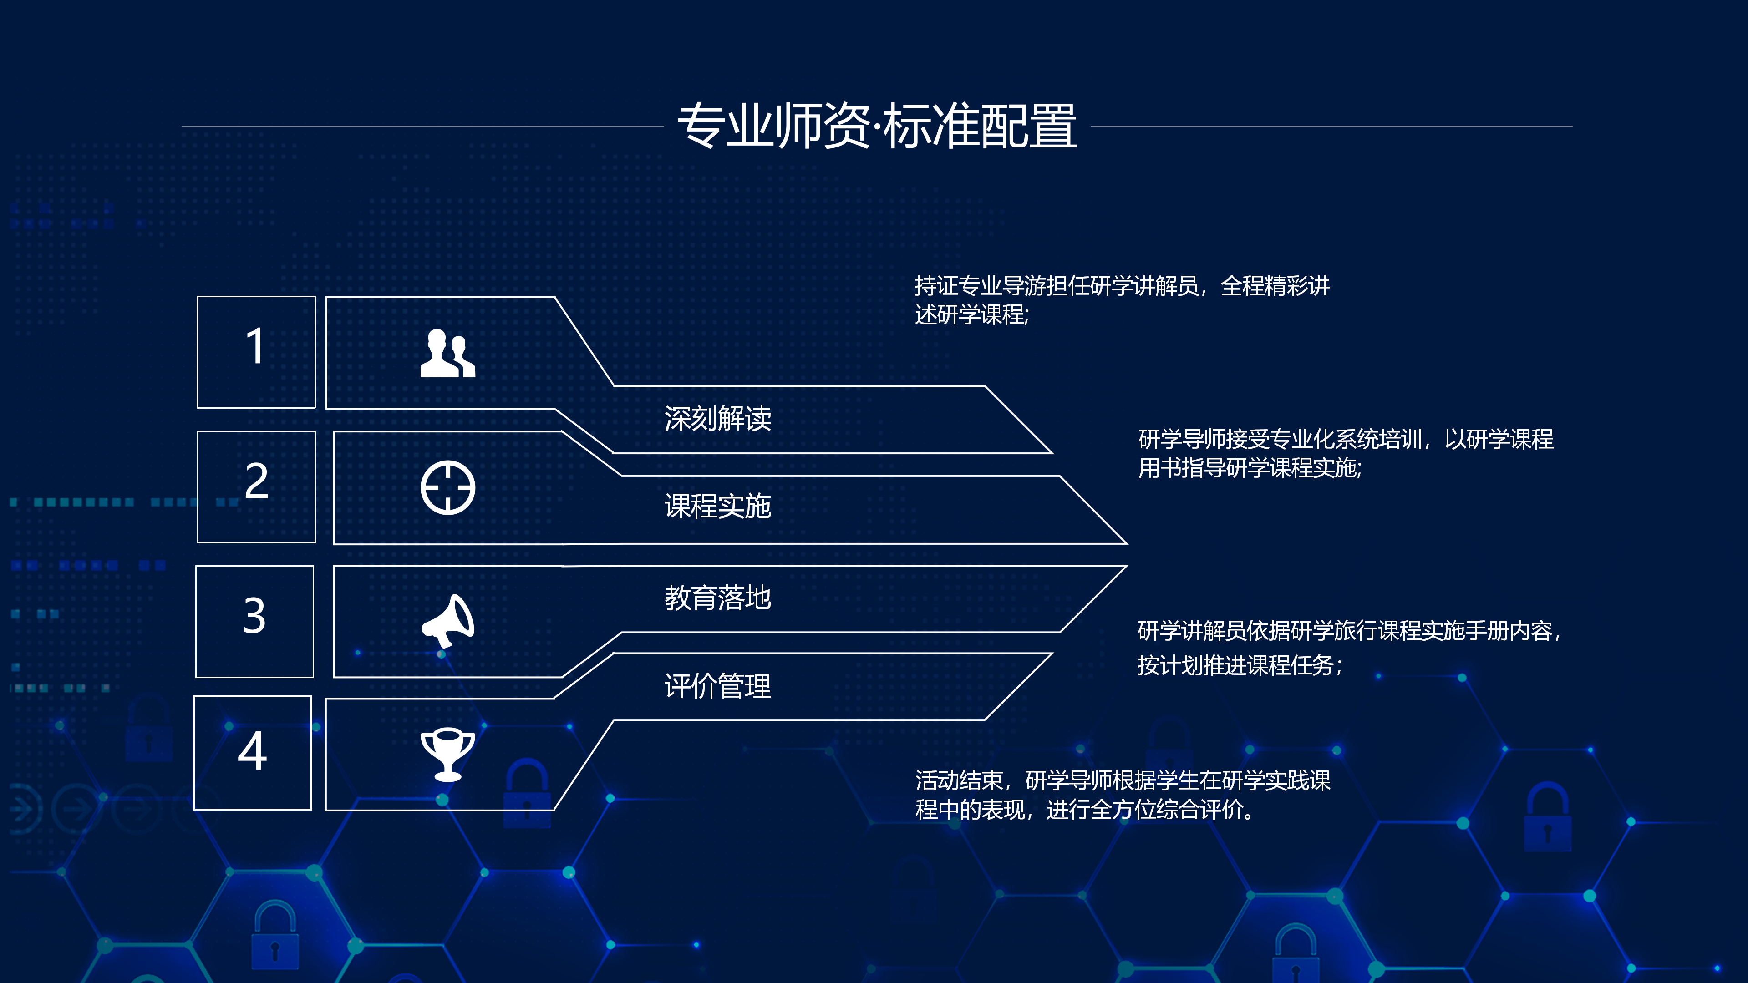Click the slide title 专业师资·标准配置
(x=877, y=126)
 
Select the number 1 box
(x=256, y=352)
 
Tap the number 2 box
(x=256, y=486)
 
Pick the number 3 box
(x=254, y=621)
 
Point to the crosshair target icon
(x=448, y=488)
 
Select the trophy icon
(x=448, y=755)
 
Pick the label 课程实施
(x=718, y=506)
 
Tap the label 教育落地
(x=718, y=598)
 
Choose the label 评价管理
(x=718, y=686)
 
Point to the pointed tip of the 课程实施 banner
(x=1127, y=543)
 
